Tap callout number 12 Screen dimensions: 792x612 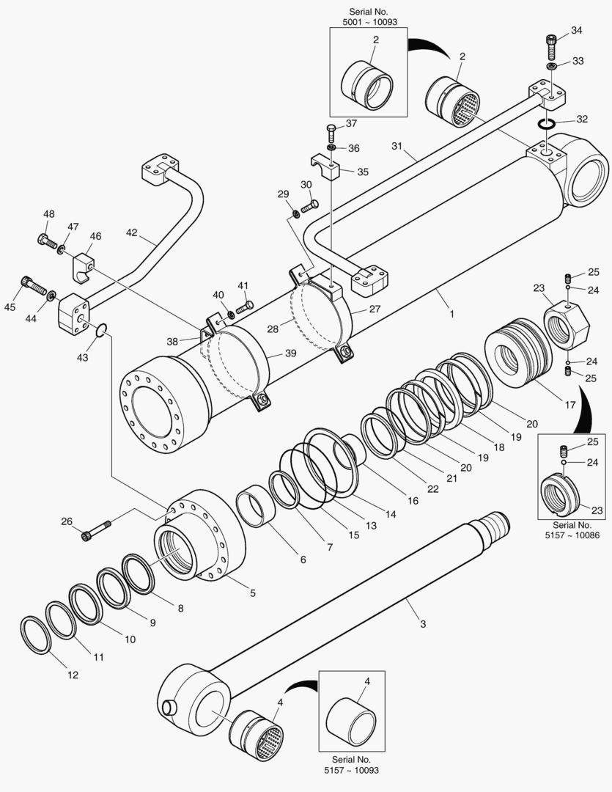tap(73, 675)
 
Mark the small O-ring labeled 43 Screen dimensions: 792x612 tap(101, 334)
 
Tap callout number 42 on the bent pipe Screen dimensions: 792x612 tap(131, 233)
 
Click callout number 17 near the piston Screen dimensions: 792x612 tap(548, 403)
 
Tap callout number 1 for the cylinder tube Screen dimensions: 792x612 tap(452, 314)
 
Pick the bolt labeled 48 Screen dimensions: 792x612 tap(46, 239)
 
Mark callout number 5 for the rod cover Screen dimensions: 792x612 tap(252, 592)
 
